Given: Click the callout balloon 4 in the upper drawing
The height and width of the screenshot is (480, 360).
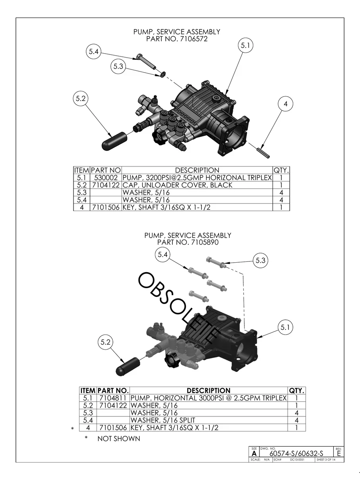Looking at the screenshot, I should coord(285,104).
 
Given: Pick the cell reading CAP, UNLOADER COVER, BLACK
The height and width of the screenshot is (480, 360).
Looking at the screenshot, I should coord(178,185).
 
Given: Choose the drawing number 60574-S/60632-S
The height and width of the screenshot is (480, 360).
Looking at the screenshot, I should coord(296,453).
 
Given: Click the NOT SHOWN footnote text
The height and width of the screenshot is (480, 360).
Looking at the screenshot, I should coord(119,439).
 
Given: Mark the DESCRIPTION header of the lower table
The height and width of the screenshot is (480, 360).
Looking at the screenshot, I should coord(208,391).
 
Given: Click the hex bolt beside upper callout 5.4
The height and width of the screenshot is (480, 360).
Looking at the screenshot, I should coord(146,60).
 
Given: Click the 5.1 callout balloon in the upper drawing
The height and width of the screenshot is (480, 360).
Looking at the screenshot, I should coord(246,46).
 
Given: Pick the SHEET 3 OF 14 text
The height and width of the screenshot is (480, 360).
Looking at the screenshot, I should coord(325,460).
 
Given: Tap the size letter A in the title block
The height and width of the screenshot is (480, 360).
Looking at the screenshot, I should coord(254,454).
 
